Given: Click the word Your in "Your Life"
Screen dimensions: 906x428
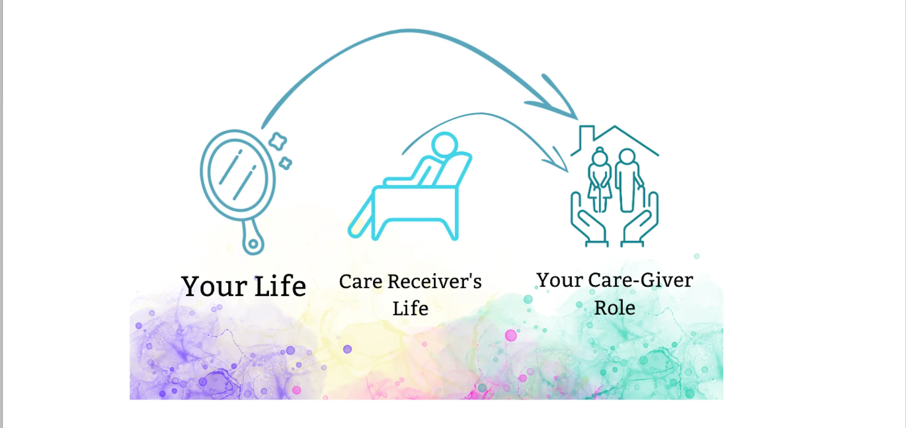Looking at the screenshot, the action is [214, 286].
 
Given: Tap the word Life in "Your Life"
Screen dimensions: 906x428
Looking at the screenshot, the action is [280, 285].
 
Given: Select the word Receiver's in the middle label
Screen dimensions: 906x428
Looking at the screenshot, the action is [434, 281].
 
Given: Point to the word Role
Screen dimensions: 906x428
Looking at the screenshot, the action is [615, 308].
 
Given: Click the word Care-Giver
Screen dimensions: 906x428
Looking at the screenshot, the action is [640, 280].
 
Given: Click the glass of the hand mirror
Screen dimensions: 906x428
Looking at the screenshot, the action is [237, 175].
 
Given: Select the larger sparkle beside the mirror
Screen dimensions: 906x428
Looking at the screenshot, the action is [278, 141].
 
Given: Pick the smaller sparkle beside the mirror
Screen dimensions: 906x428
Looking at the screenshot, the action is [285, 163].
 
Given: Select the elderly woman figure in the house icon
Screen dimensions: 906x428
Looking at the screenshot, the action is [599, 179].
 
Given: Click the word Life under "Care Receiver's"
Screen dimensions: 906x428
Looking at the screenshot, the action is [410, 308].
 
